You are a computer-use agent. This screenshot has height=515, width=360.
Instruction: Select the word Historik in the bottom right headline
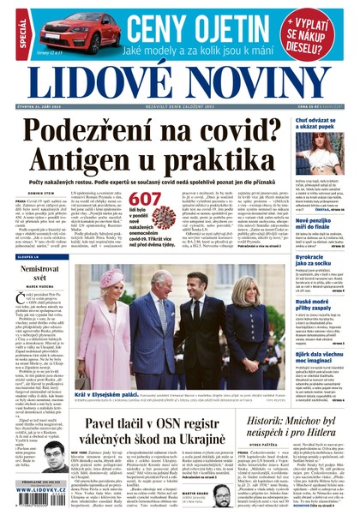265,415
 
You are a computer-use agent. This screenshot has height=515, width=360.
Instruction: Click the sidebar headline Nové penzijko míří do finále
319,225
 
